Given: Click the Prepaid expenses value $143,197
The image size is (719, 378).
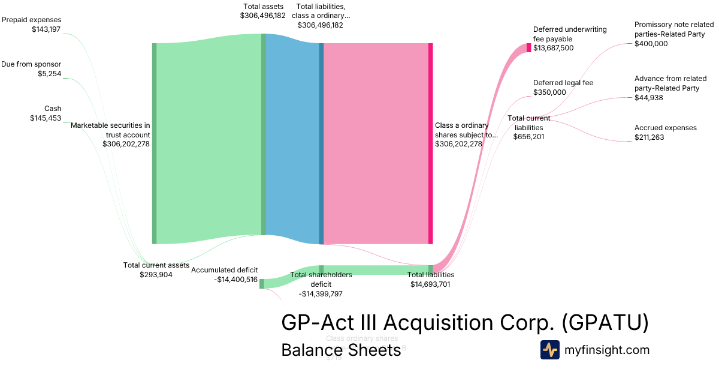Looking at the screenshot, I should [47, 29].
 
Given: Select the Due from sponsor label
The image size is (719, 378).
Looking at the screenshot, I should [31, 64].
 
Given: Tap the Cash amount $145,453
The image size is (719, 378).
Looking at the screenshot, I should [46, 118].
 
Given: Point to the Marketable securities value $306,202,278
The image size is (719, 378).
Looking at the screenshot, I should [126, 144].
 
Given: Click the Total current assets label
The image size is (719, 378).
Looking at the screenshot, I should [156, 265].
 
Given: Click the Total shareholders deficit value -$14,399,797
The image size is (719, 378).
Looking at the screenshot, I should [321, 294].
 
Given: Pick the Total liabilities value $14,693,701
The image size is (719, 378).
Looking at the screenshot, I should [431, 284].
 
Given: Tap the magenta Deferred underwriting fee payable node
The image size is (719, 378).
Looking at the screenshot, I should [528, 48].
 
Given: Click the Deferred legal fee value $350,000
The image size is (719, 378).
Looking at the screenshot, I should [549, 92].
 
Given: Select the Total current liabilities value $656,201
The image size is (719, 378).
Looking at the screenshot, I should [528, 137].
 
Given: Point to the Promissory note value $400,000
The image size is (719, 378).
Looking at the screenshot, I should [651, 44].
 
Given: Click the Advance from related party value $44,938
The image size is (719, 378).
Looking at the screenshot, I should [649, 98].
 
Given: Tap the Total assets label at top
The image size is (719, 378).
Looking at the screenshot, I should [262, 6].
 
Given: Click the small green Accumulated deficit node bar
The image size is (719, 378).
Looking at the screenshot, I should [262, 284].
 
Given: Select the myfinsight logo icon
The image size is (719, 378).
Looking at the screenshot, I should [549, 350].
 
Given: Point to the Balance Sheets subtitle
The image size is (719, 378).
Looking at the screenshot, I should [341, 350].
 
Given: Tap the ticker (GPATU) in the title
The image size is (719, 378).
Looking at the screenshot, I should [605, 323].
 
